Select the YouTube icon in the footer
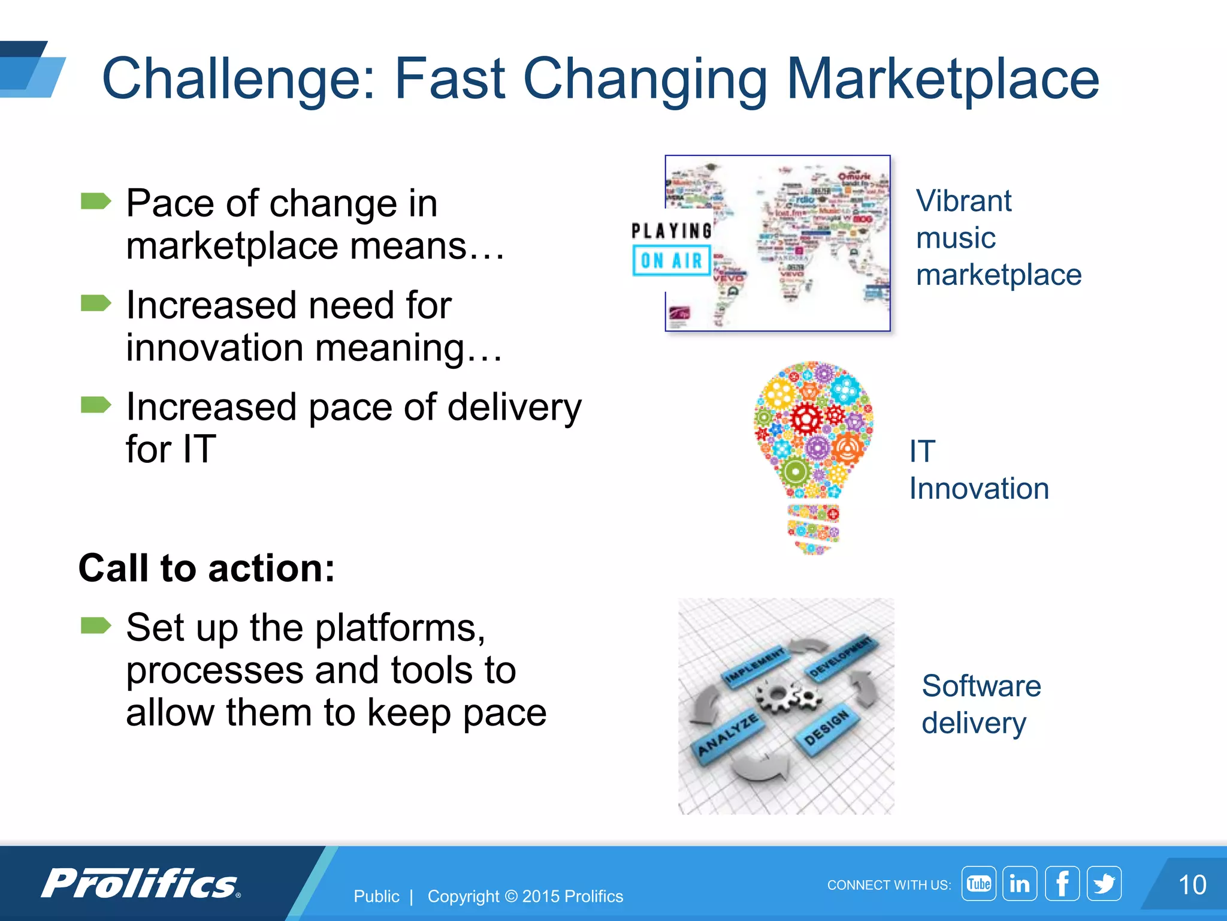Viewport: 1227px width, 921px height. tap(978, 883)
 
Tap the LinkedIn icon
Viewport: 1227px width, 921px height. tap(1020, 883)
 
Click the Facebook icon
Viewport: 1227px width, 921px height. tap(1062, 883)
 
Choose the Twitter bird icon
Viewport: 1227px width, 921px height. tap(1104, 883)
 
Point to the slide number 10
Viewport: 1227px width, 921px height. tap(1192, 885)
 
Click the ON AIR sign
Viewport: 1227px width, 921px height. tap(672, 261)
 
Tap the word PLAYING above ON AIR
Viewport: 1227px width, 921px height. tap(672, 231)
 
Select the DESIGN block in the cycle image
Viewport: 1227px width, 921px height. tap(826, 727)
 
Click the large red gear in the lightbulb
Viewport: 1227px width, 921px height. tap(806, 418)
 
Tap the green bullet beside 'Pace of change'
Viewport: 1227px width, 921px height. tap(96, 201)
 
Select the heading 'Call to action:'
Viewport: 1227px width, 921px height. tap(207, 568)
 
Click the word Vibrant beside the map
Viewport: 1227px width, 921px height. tap(963, 201)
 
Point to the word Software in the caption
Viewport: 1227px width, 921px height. tap(981, 686)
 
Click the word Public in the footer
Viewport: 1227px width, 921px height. tap(376, 896)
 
